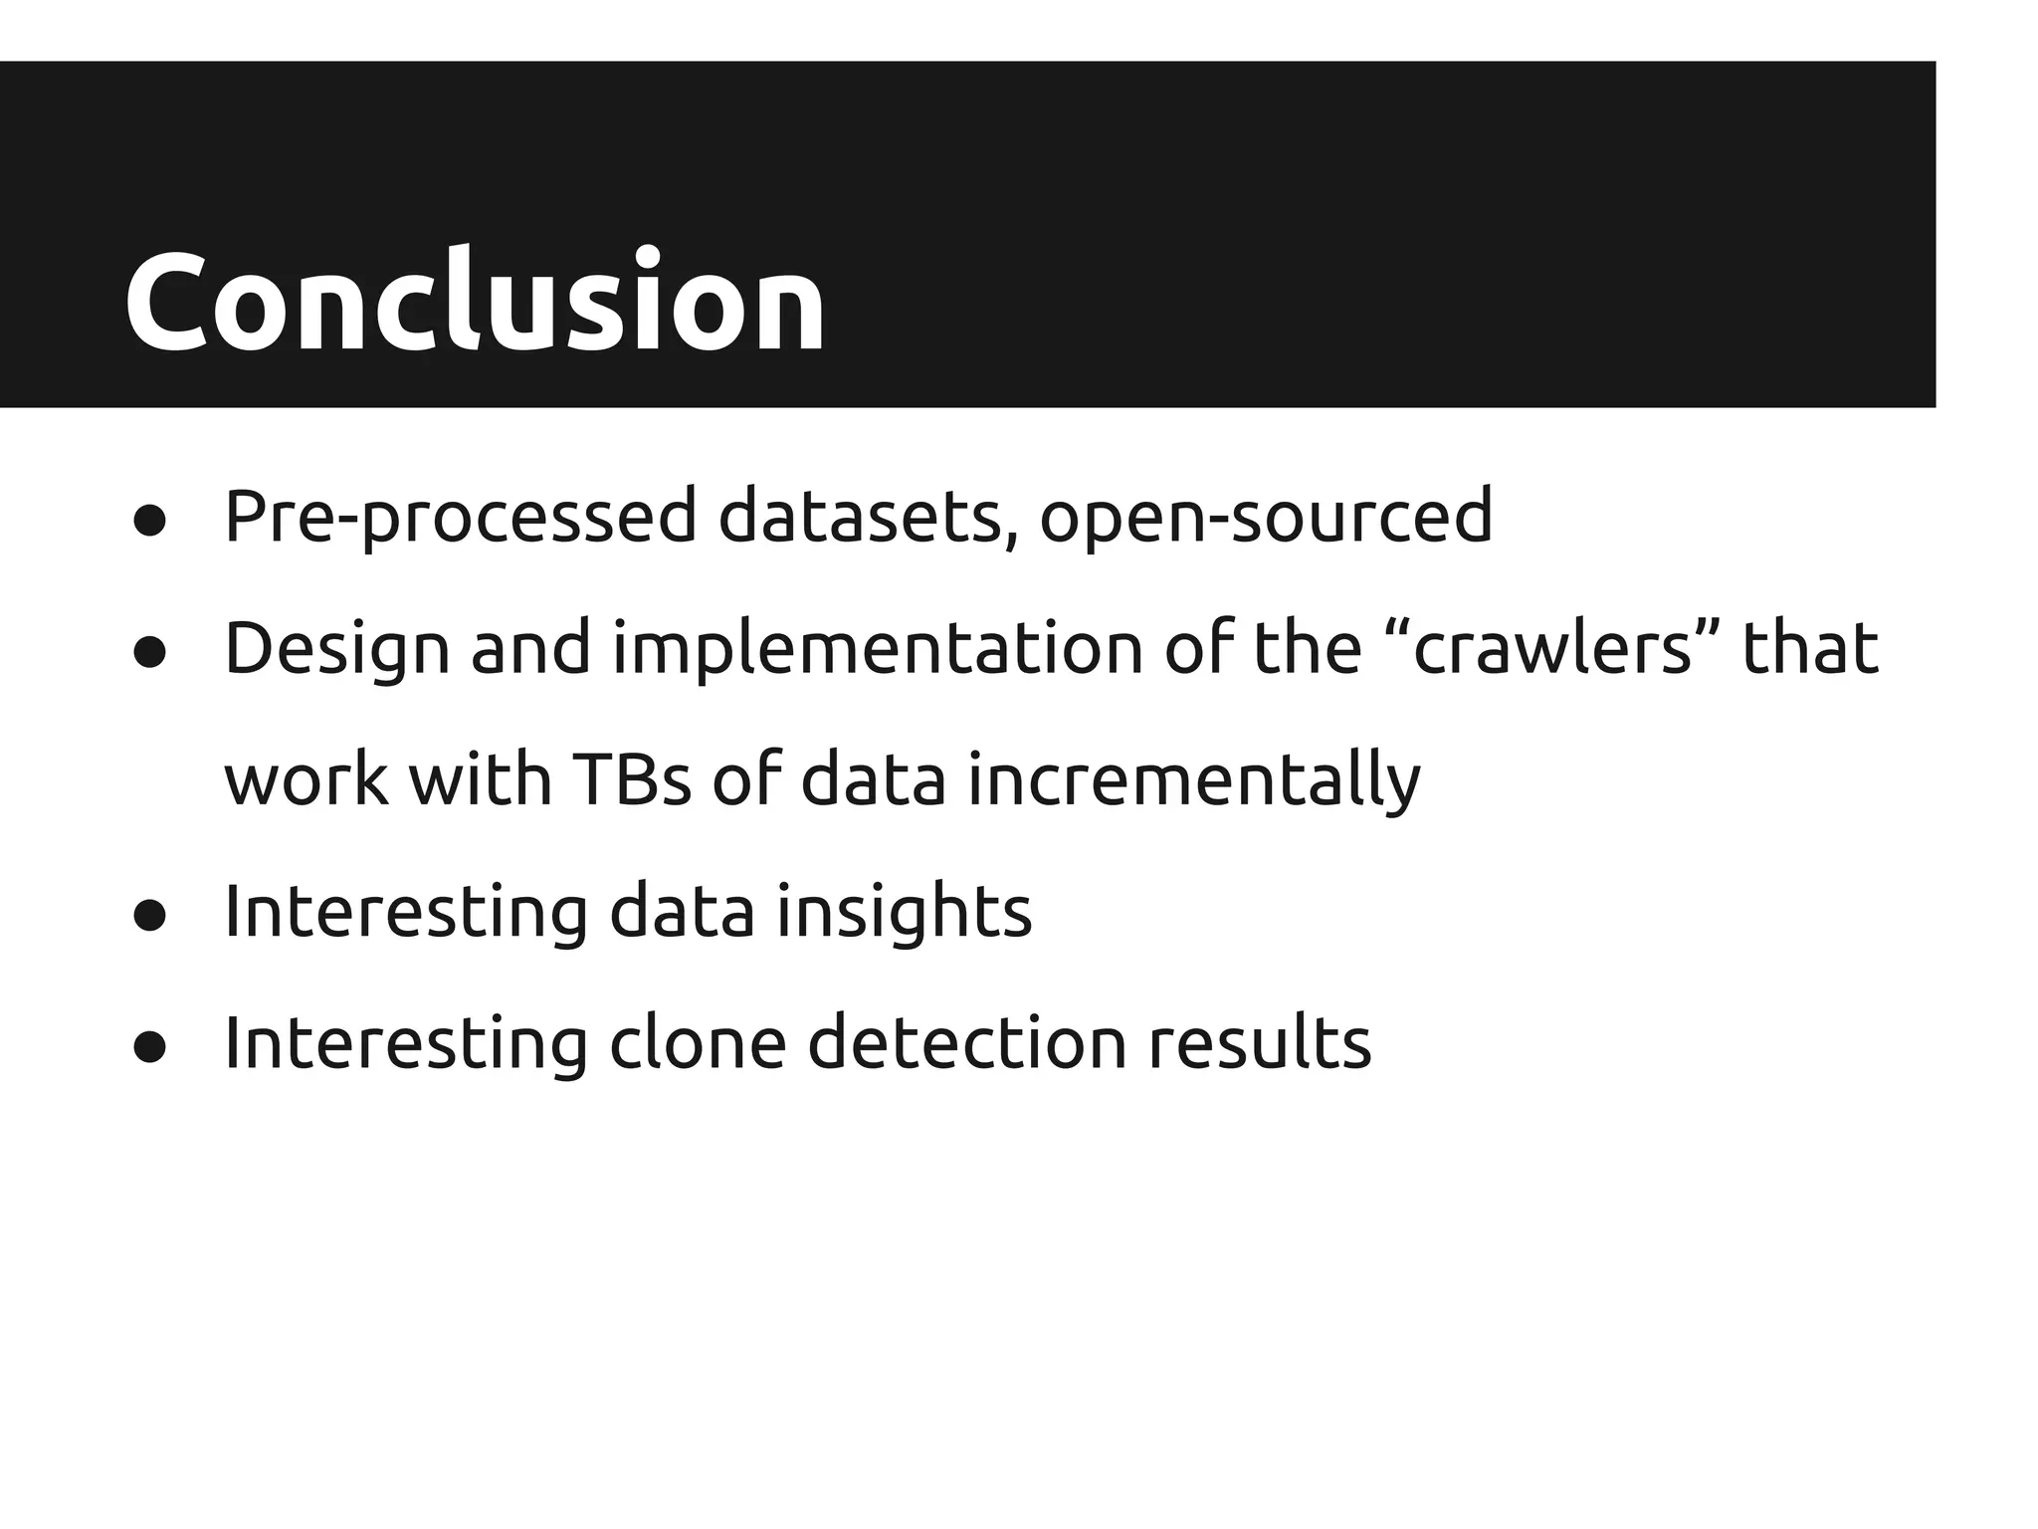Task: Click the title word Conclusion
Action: point(475,301)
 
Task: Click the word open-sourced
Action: point(1265,517)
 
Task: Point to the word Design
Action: point(336,649)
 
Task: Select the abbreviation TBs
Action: point(632,779)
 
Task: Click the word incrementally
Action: point(1193,779)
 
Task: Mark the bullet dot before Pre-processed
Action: point(149,521)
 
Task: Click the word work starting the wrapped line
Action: point(306,779)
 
